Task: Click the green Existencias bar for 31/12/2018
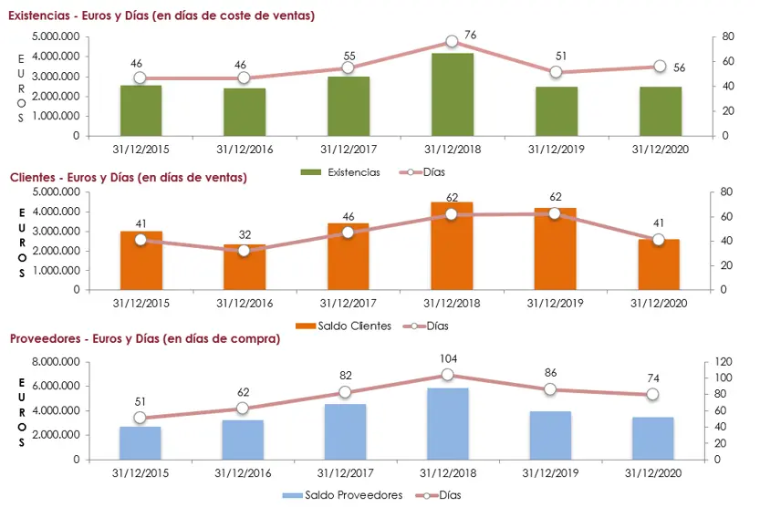coord(452,95)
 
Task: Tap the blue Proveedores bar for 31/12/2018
coord(448,424)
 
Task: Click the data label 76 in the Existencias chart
coord(470,35)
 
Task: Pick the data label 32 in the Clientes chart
coord(244,233)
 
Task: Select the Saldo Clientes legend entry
coord(343,326)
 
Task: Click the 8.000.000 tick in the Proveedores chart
coord(55,362)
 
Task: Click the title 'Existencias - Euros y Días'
coord(161,16)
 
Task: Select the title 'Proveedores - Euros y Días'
coord(145,338)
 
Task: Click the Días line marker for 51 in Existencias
coord(556,72)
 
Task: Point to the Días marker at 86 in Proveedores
coord(550,389)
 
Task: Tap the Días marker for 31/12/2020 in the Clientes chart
coord(658,239)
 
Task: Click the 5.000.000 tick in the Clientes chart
coord(55,192)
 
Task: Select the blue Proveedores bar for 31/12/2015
coord(141,443)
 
